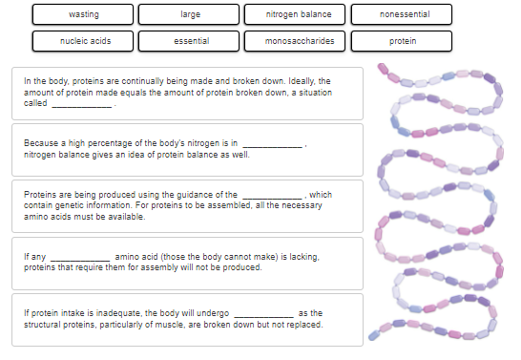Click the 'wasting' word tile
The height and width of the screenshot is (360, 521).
[x=83, y=14]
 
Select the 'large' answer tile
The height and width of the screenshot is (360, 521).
[x=189, y=14]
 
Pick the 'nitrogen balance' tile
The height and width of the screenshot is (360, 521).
[x=295, y=14]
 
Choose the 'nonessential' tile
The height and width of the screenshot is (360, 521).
[x=402, y=14]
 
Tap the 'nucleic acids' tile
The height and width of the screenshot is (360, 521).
[x=83, y=41]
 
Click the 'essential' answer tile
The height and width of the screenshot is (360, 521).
[x=189, y=41]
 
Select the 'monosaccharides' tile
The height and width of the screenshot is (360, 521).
[x=295, y=41]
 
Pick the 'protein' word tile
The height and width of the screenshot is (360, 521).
[x=402, y=41]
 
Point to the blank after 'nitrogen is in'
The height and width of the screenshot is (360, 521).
[x=273, y=146]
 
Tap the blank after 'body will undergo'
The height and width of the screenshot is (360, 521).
[x=264, y=316]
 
